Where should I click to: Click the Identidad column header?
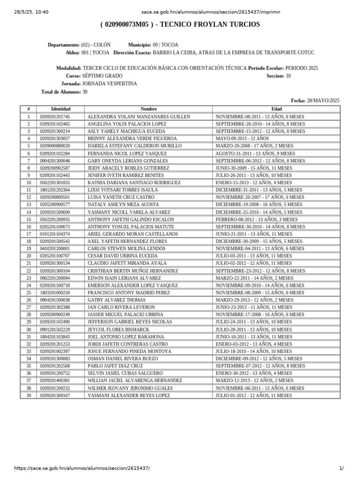[x=60, y=109]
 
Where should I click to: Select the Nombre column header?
[x=149, y=109]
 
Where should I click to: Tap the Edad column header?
[x=277, y=109]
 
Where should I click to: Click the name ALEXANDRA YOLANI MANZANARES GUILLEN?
[x=139, y=117]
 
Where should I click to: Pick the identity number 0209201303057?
[x=55, y=139]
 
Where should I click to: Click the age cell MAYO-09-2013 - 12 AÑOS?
[x=242, y=139]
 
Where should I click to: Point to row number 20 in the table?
[x=29, y=256]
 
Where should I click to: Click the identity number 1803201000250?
[x=55, y=292]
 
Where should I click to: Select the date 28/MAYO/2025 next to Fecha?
[x=323, y=101]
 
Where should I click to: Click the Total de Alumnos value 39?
[x=85, y=92]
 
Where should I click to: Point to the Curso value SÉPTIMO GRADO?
[x=102, y=76]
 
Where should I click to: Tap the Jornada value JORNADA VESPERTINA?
[x=110, y=84]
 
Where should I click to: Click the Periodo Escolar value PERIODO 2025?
[x=301, y=68]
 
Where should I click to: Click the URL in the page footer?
[x=82, y=468]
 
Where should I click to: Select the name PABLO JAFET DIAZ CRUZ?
[x=116, y=366]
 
